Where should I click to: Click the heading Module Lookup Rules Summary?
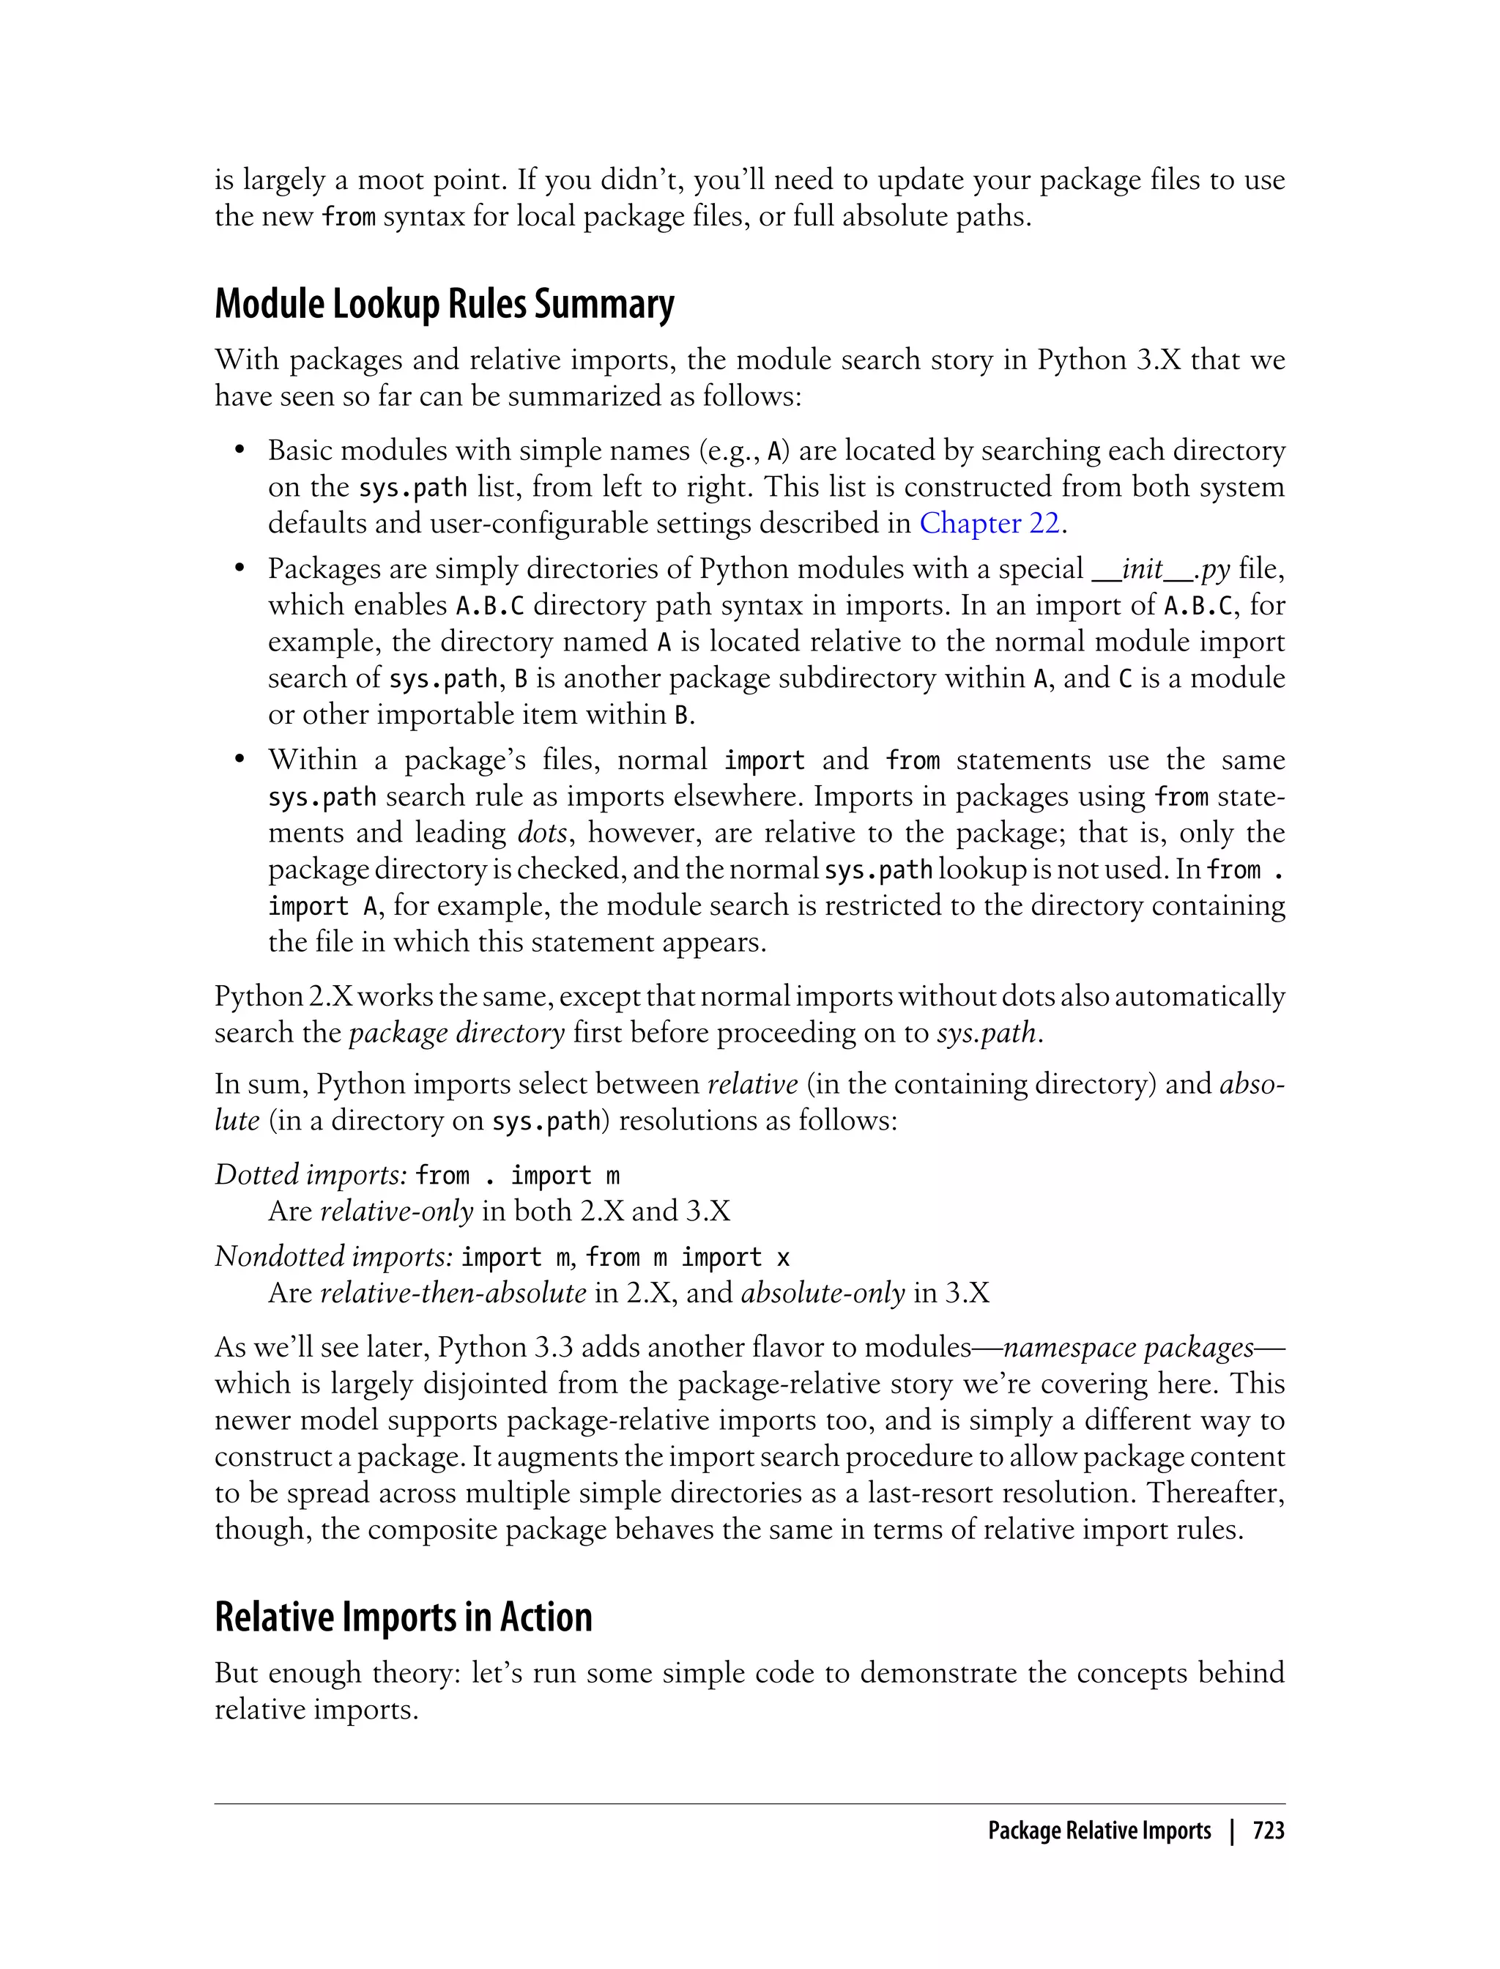point(444,305)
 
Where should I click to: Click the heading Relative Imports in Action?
point(403,1617)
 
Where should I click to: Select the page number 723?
point(1268,1831)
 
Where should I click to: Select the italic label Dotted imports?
point(311,1175)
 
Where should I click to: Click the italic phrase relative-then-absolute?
point(453,1293)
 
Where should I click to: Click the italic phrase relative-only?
point(396,1212)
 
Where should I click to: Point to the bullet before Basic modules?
point(240,451)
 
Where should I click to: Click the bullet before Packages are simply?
point(240,570)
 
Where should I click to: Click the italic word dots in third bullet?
point(542,833)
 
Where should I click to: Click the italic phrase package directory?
point(456,1033)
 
